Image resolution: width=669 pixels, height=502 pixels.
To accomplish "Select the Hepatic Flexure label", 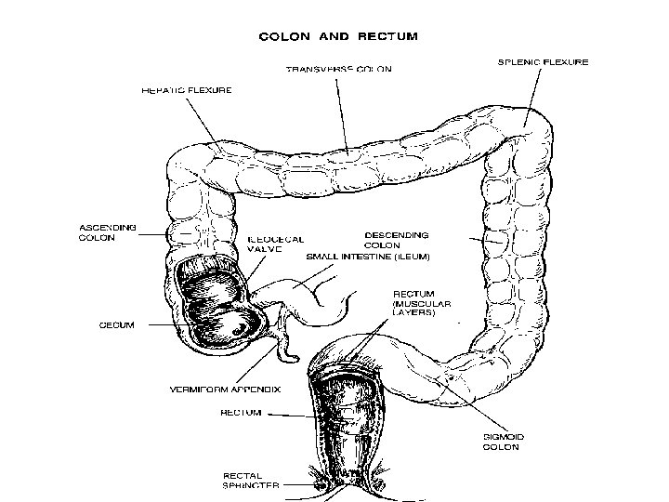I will pos(187,90).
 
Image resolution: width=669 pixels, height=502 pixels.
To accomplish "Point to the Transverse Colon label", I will pos(338,69).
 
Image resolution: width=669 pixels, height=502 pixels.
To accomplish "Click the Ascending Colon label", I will pos(108,232).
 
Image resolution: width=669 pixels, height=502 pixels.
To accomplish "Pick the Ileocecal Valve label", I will pos(275,244).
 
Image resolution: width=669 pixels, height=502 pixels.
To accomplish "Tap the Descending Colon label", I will pos(396,240).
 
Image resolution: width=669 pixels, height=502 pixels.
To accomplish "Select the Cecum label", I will pos(117,325).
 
